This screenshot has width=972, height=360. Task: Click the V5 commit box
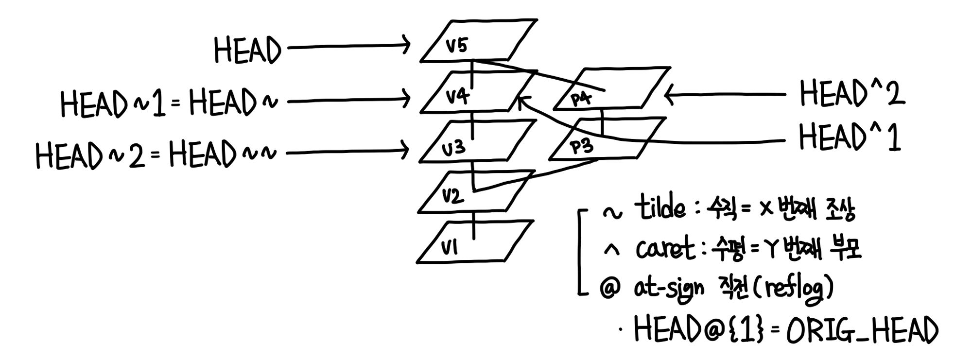(479, 41)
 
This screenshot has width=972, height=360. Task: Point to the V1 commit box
(474, 243)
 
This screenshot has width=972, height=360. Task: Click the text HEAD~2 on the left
(90, 155)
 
